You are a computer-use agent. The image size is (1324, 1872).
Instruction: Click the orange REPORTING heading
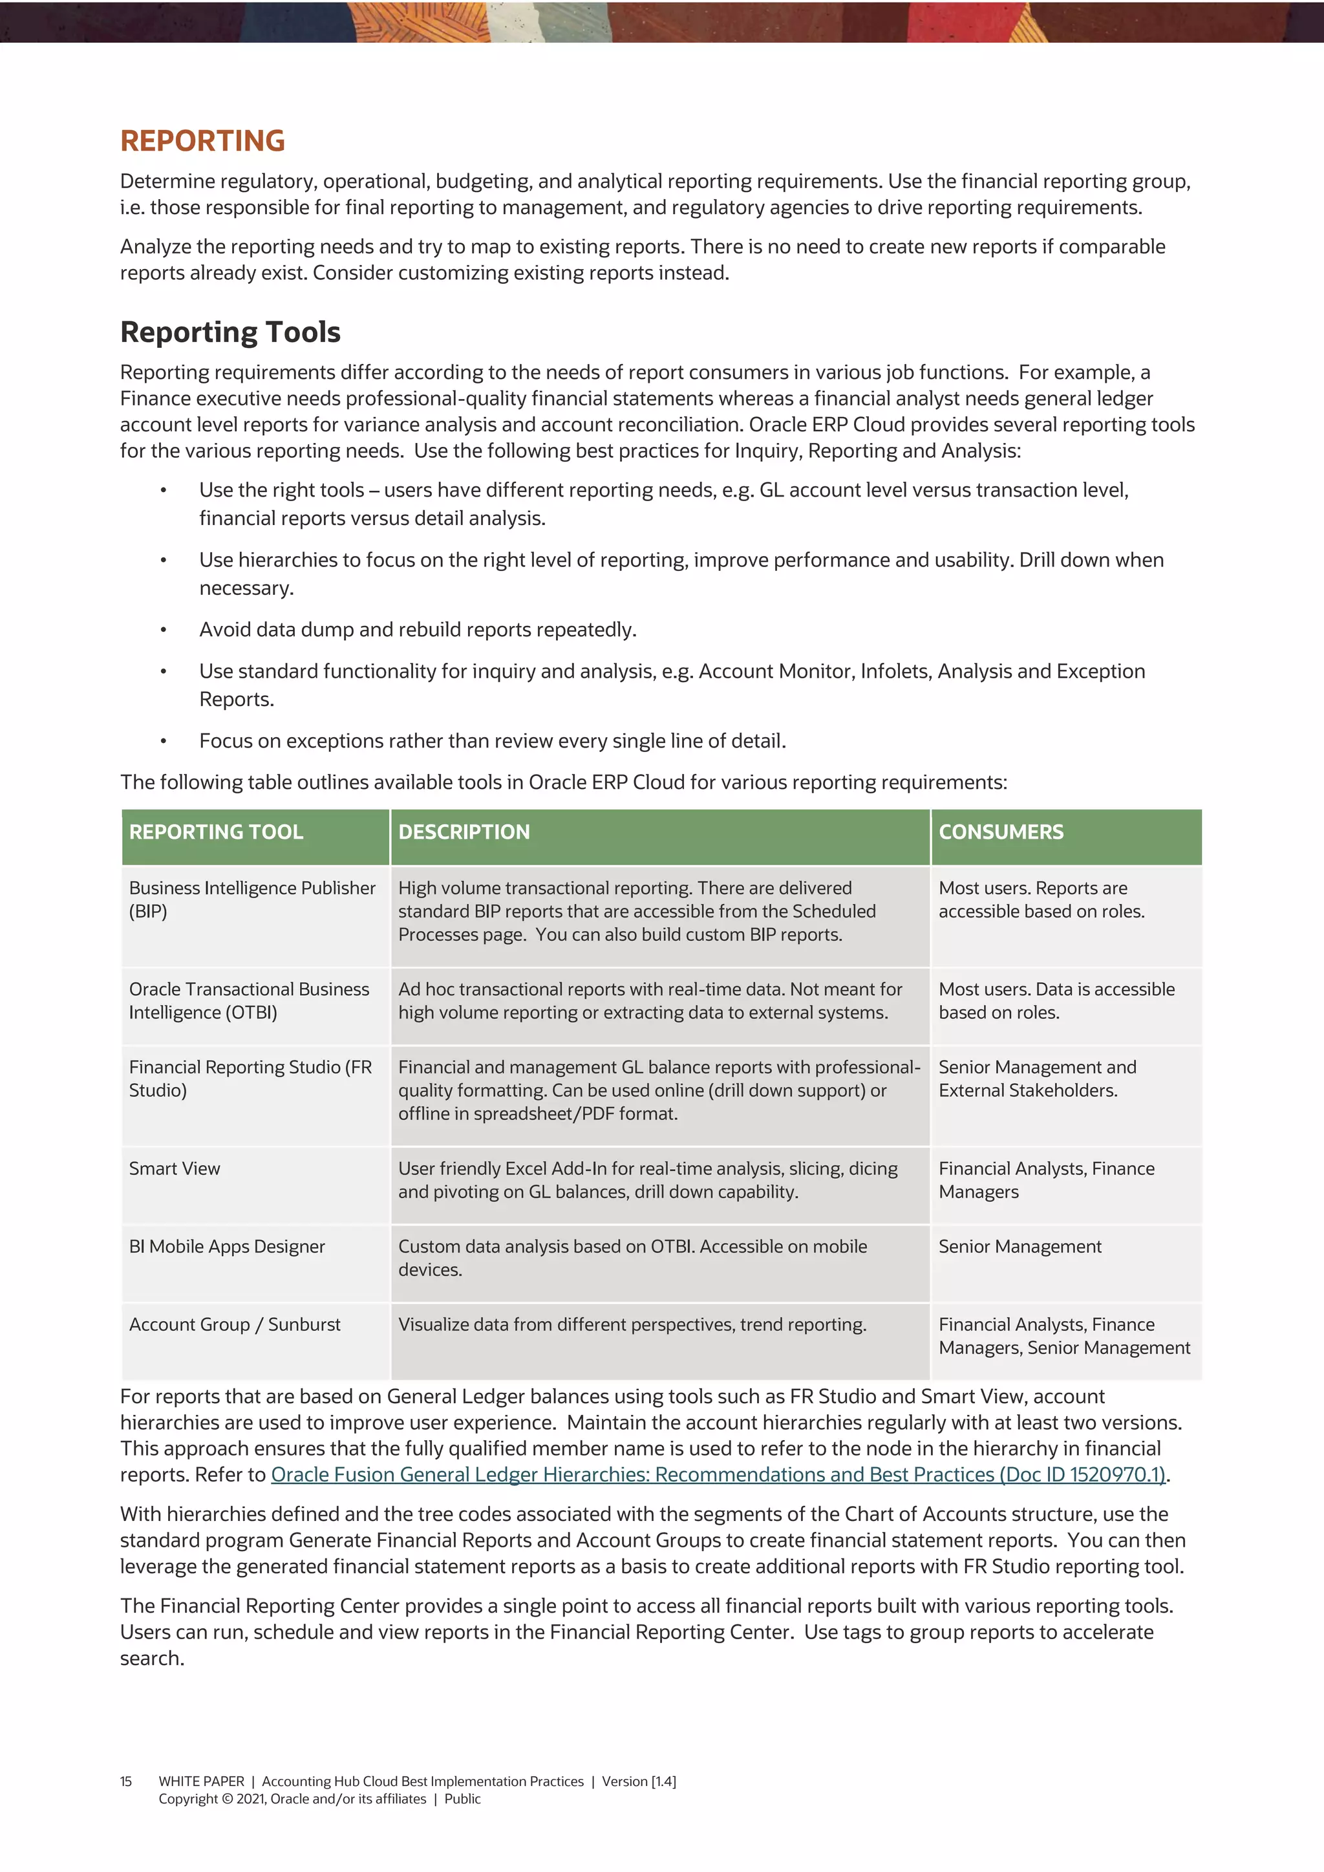(x=202, y=141)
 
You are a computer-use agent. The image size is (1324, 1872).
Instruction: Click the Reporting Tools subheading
(x=230, y=332)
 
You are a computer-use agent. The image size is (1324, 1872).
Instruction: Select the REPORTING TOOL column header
(x=216, y=832)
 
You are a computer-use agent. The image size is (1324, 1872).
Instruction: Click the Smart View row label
(x=175, y=1168)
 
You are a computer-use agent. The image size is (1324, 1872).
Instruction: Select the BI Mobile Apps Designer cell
(x=227, y=1246)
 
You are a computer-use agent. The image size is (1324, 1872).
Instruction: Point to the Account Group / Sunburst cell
(x=235, y=1324)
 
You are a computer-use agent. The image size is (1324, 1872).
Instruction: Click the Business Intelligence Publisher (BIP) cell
(x=252, y=899)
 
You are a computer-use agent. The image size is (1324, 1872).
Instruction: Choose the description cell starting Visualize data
(x=632, y=1324)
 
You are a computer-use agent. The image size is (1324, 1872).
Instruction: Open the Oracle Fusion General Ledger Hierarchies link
(x=718, y=1474)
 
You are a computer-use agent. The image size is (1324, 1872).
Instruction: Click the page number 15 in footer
(x=125, y=1781)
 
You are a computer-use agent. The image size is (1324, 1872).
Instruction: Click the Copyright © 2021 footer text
(x=292, y=1799)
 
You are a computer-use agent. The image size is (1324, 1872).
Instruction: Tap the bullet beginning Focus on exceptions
(x=493, y=740)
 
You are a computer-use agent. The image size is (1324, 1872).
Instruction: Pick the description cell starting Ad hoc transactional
(x=650, y=1000)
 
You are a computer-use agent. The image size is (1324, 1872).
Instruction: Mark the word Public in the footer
(x=462, y=1799)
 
